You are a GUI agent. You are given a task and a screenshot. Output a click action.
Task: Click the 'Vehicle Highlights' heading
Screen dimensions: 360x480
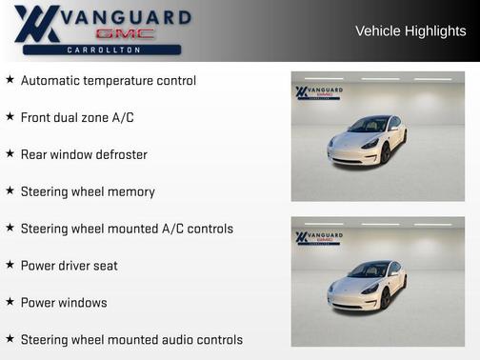[410, 31]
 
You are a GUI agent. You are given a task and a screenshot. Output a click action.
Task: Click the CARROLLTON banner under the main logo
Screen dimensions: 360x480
[104, 50]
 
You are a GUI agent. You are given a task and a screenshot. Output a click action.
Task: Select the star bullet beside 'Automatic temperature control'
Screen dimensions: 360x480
[10, 80]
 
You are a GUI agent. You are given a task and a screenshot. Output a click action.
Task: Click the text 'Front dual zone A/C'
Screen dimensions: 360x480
[77, 117]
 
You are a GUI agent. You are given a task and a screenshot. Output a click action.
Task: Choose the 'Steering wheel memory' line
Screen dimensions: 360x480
[88, 191]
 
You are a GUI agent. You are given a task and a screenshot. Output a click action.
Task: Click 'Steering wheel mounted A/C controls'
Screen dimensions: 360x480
[127, 229]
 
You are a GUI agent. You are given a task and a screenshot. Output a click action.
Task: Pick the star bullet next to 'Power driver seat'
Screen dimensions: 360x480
[10, 265]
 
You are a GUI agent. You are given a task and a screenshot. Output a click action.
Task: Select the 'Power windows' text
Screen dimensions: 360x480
[64, 303]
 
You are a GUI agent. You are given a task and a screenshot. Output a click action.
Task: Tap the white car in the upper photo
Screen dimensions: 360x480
[368, 141]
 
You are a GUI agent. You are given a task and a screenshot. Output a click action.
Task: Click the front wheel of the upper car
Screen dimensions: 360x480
[386, 153]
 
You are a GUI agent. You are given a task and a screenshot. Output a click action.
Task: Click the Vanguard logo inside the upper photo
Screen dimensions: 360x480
[319, 93]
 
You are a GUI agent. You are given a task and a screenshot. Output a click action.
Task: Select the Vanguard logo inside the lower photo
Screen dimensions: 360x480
[319, 237]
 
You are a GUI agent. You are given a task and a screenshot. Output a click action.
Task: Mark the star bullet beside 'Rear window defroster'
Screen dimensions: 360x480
[10, 154]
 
